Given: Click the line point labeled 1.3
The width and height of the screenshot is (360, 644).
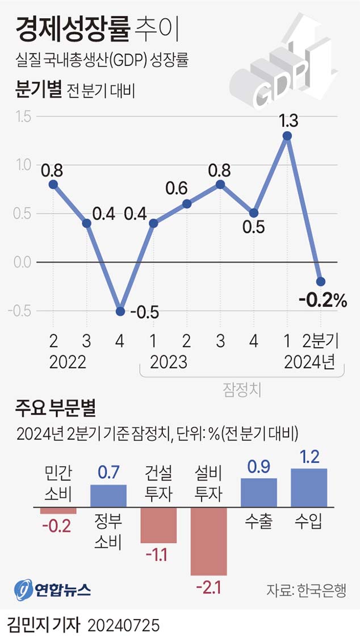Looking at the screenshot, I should tap(287, 136).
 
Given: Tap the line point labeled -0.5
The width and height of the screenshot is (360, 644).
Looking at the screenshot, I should tap(120, 311).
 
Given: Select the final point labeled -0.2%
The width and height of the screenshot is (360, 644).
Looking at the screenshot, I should tap(321, 282).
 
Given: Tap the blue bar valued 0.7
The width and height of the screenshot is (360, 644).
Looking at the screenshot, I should tap(108, 496).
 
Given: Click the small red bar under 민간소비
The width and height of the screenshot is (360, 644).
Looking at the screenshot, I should tap(58, 510).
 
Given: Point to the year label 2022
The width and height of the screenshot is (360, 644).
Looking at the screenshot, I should tap(68, 362).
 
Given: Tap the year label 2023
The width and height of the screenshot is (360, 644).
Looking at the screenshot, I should tap(169, 362).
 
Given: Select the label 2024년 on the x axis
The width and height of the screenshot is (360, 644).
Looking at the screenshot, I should tap(310, 362).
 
